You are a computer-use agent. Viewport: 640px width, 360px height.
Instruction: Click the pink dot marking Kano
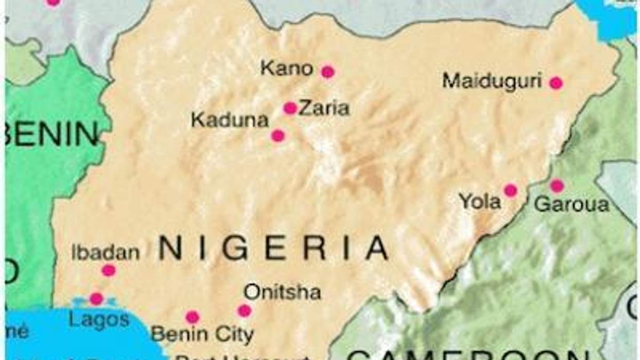pyautogui.click(x=327, y=72)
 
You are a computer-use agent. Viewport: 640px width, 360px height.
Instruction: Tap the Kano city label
pyautogui.click(x=286, y=68)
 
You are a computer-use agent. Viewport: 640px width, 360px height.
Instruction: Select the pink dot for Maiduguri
pyautogui.click(x=556, y=83)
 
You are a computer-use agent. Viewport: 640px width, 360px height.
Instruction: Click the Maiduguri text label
pyautogui.click(x=492, y=81)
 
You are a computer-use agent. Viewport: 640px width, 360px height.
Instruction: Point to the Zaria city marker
pyautogui.click(x=290, y=108)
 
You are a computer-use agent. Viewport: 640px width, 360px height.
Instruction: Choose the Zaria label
pyautogui.click(x=324, y=109)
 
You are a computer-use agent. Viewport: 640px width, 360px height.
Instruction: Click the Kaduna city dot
pyautogui.click(x=278, y=136)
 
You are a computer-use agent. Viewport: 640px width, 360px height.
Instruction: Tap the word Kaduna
pyautogui.click(x=230, y=120)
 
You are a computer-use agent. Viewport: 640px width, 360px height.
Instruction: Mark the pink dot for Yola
pyautogui.click(x=510, y=190)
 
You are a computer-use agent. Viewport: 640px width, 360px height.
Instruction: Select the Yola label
pyautogui.click(x=480, y=202)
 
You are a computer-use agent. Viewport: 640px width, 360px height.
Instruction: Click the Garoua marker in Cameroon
pyautogui.click(x=557, y=186)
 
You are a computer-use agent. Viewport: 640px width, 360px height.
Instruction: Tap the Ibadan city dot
pyautogui.click(x=108, y=271)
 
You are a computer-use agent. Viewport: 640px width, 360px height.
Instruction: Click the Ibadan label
pyautogui.click(x=105, y=253)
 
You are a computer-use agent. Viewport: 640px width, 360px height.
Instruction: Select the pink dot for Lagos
pyautogui.click(x=96, y=299)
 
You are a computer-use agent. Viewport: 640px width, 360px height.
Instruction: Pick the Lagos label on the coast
pyautogui.click(x=99, y=319)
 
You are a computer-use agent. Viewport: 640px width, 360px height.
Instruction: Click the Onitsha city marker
pyautogui.click(x=245, y=311)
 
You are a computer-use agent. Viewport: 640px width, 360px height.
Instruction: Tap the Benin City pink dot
pyautogui.click(x=192, y=317)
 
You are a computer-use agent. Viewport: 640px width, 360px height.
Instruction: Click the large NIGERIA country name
pyautogui.click(x=273, y=248)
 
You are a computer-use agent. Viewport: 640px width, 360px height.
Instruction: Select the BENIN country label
pyautogui.click(x=51, y=134)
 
